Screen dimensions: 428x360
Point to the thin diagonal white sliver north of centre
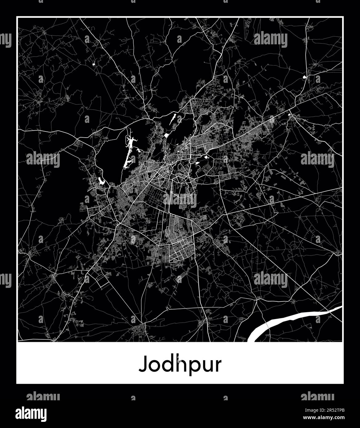click(173, 119)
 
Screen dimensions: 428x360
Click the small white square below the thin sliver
click(167, 135)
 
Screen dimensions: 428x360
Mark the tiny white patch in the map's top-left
click(93, 65)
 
